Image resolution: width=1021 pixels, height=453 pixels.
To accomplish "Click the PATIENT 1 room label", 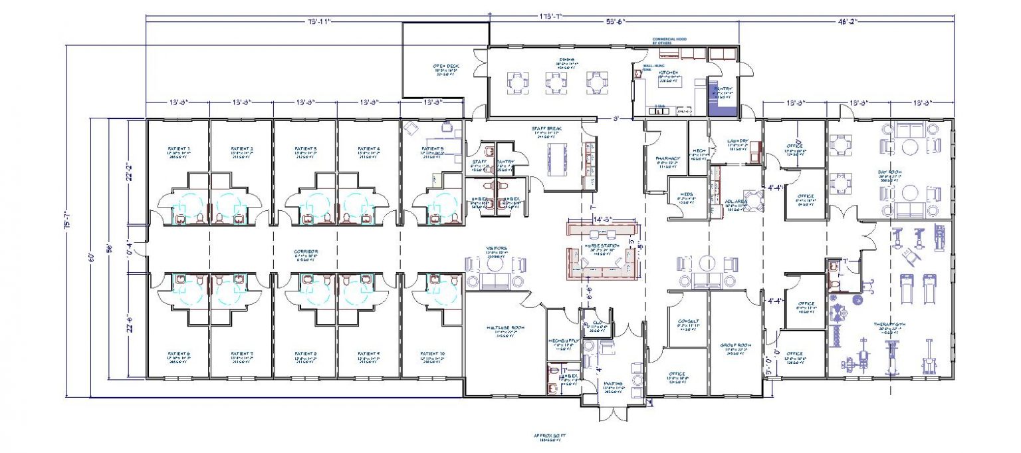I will click(178, 149).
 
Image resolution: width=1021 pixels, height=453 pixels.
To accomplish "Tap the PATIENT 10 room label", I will click(432, 354).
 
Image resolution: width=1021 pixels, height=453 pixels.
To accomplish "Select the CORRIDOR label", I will click(306, 252).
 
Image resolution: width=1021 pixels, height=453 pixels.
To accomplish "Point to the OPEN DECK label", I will click(446, 67).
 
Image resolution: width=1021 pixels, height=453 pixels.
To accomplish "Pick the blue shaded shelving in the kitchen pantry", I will click(723, 103).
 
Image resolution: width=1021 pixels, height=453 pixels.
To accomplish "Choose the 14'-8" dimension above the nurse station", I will click(602, 219).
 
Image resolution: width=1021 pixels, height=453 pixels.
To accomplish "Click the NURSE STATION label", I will click(602, 246).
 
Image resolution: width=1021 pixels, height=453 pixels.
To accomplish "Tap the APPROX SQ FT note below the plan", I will click(548, 437).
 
